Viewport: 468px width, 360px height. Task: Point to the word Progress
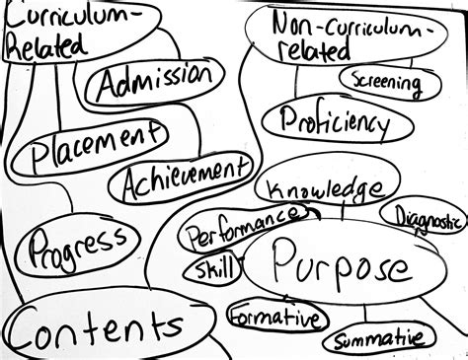pyautogui.click(x=77, y=246)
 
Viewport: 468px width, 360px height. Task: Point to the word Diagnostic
pyautogui.click(x=427, y=216)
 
